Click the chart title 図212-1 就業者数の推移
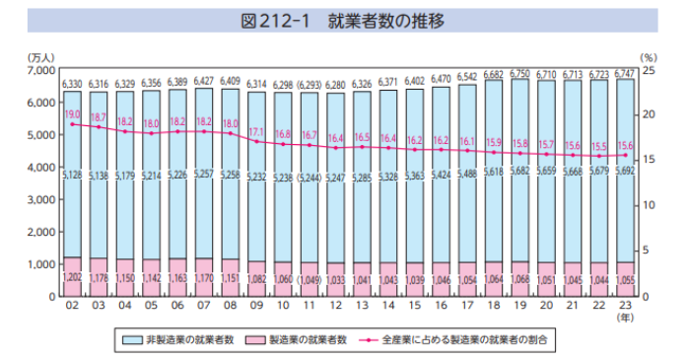[344, 21]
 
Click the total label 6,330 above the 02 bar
[72, 85]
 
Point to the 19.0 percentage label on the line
[72, 114]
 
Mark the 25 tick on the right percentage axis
[648, 71]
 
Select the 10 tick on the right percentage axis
[648, 206]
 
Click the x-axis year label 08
[231, 307]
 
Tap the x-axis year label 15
[414, 307]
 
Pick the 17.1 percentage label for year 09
[256, 131]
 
